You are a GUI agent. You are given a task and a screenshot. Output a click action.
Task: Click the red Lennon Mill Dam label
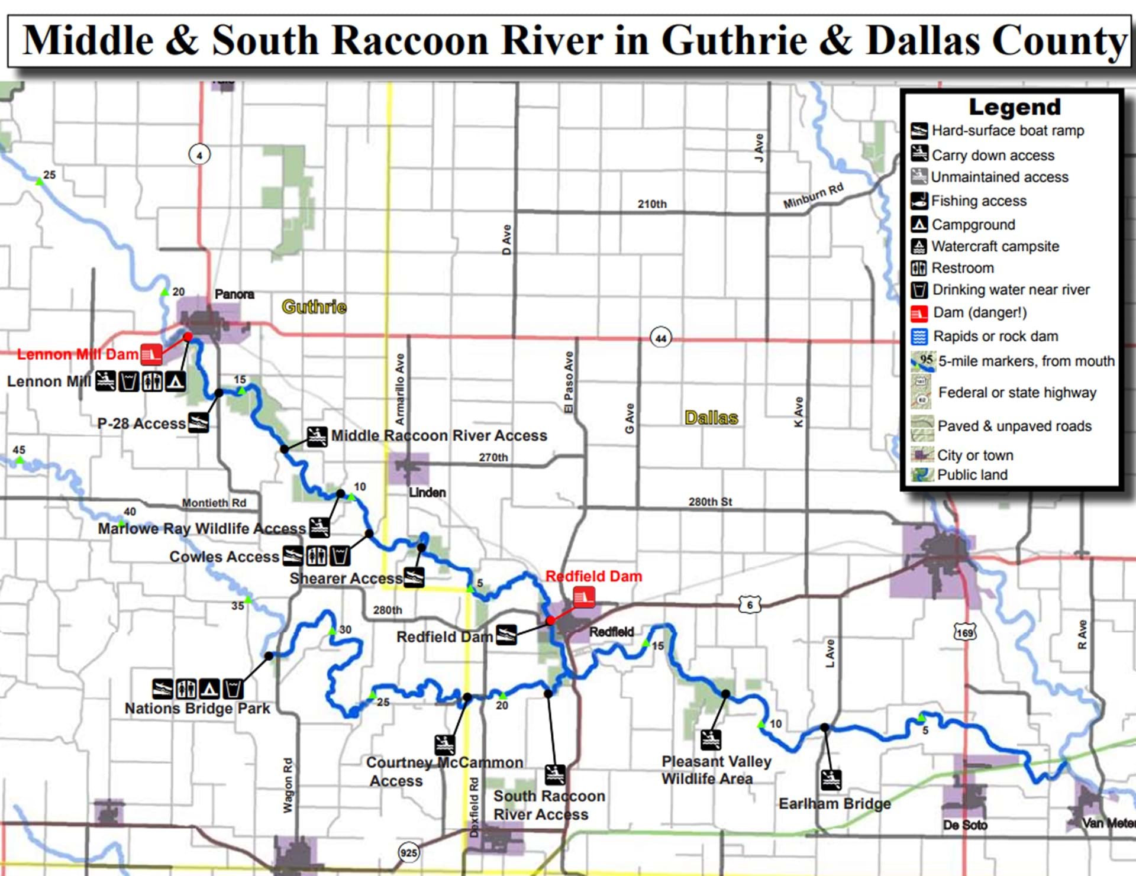(78, 354)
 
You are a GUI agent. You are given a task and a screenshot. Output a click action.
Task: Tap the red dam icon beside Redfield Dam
(583, 597)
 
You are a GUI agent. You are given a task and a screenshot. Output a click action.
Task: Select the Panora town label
(234, 294)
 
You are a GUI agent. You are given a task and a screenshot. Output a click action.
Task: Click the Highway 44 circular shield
(660, 338)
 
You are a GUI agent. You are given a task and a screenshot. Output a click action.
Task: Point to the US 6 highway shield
(749, 605)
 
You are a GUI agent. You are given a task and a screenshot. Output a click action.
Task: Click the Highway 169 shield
(964, 632)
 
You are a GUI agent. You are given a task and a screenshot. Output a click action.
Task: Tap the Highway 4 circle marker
(199, 155)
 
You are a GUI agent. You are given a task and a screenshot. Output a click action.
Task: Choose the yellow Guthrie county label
(314, 306)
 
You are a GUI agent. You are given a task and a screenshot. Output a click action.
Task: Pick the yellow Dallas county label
(711, 418)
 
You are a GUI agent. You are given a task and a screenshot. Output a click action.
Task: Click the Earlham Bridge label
(834, 803)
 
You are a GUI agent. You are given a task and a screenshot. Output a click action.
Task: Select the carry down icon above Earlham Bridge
(831, 780)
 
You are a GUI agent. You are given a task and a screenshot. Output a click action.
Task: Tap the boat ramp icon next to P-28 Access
(198, 423)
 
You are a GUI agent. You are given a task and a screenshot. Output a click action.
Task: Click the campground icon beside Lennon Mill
(175, 382)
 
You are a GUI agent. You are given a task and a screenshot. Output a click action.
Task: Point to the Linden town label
(427, 492)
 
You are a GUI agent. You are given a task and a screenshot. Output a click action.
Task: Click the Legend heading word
(1014, 107)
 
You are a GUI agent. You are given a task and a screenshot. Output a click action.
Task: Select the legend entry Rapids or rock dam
(995, 337)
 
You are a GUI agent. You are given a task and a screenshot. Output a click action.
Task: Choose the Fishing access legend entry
(979, 201)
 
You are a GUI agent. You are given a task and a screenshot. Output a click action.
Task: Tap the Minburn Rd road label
(813, 196)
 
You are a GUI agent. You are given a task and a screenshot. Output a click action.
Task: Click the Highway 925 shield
(408, 852)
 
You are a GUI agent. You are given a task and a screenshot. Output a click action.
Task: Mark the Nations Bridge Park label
(197, 708)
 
